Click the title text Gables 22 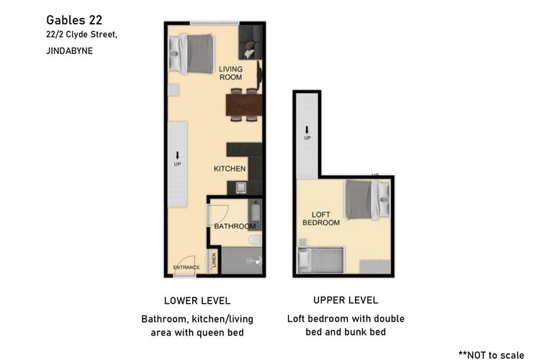pos(73,19)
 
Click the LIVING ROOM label pos(230,72)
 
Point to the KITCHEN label pos(230,168)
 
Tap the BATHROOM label pos(235,226)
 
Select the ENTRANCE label pos(186,267)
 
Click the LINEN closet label pos(214,261)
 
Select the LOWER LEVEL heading pos(197,300)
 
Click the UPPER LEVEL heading pos(346,300)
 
